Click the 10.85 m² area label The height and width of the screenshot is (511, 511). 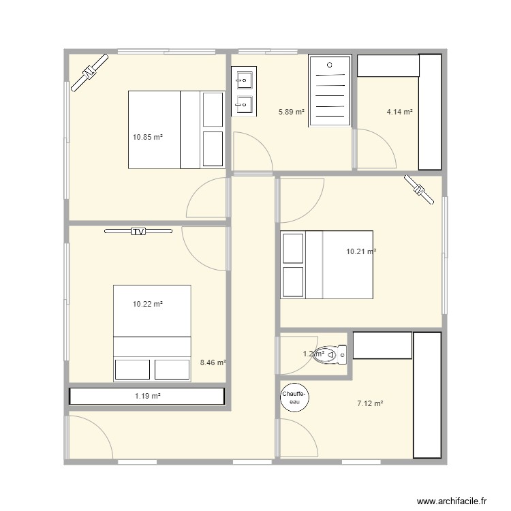(147, 137)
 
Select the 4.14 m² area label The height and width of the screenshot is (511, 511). (400, 111)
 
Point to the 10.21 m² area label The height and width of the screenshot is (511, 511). (361, 251)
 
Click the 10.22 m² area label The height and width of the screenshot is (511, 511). (147, 304)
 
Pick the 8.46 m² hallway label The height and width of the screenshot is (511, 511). (213, 363)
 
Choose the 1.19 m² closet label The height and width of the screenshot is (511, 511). (147, 396)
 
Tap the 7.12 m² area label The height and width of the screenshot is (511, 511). (370, 403)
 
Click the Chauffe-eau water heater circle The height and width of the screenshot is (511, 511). (295, 397)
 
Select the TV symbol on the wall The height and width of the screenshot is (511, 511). (138, 232)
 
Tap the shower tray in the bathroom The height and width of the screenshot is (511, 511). (330, 91)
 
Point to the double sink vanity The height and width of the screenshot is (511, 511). (243, 91)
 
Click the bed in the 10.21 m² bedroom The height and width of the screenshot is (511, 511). (327, 264)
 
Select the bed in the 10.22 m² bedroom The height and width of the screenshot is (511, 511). (152, 332)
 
